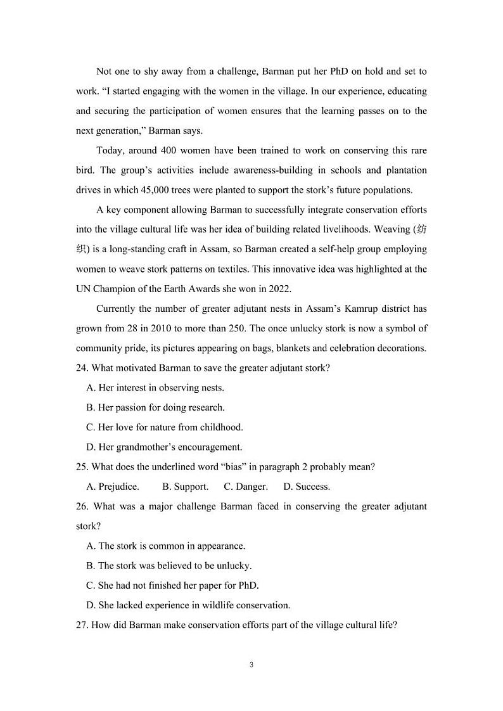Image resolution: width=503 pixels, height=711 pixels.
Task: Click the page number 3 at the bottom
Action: pyautogui.click(x=251, y=665)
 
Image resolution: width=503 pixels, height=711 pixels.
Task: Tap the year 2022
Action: pyautogui.click(x=279, y=288)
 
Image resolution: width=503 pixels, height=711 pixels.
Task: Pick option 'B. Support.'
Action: pyautogui.click(x=185, y=487)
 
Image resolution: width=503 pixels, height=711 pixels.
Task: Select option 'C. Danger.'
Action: pyautogui.click(x=246, y=487)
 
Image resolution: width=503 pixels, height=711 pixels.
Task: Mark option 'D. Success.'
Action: pyautogui.click(x=306, y=487)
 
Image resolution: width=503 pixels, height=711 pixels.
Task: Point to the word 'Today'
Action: pyautogui.click(x=110, y=150)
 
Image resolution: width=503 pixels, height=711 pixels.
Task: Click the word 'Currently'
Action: pyautogui.click(x=117, y=309)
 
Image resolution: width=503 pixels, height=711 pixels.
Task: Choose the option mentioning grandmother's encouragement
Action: pyautogui.click(x=164, y=447)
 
